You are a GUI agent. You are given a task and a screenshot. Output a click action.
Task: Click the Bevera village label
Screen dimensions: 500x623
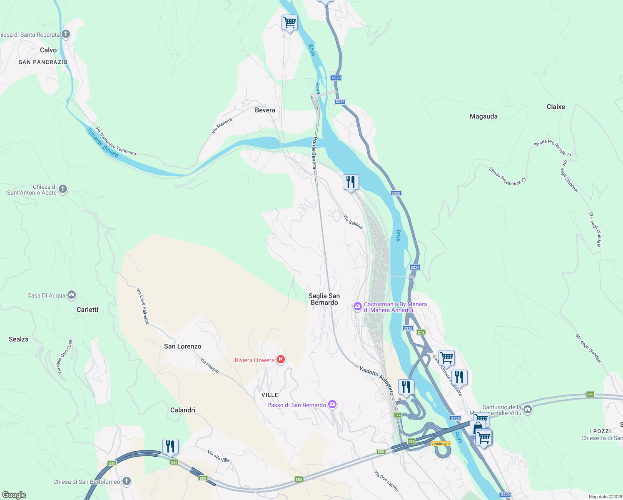pyautogui.click(x=265, y=110)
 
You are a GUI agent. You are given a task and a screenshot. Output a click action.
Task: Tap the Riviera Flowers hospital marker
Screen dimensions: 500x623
pyautogui.click(x=281, y=360)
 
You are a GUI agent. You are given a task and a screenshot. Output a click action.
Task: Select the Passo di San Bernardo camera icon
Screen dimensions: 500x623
pyautogui.click(x=332, y=404)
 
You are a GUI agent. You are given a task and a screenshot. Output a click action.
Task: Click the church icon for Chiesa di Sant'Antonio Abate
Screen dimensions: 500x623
pyautogui.click(x=63, y=189)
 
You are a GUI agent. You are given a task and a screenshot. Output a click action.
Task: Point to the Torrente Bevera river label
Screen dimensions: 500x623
pyautogui.click(x=102, y=143)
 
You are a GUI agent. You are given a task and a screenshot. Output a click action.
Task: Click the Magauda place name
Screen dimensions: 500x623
pyautogui.click(x=483, y=116)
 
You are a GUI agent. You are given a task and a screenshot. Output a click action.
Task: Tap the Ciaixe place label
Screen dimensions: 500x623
pyautogui.click(x=556, y=107)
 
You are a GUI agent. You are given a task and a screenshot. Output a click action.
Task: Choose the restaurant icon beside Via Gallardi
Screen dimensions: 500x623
pyautogui.click(x=351, y=182)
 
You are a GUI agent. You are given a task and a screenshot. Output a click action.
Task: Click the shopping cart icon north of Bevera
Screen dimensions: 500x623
pyautogui.click(x=289, y=22)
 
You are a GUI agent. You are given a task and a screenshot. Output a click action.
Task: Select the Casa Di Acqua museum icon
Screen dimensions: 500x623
pyautogui.click(x=72, y=295)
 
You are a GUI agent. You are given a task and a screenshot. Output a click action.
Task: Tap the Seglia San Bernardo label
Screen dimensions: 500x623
pyautogui.click(x=324, y=299)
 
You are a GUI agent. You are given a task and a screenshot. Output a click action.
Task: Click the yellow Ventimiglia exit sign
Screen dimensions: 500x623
pyautogui.click(x=441, y=444)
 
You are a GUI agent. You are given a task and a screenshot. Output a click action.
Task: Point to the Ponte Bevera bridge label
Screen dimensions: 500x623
pyautogui.click(x=314, y=152)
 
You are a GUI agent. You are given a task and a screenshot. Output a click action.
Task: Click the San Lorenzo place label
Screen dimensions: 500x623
pyautogui.click(x=182, y=346)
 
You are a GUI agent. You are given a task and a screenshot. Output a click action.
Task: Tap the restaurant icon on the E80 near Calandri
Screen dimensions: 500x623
pyautogui.click(x=170, y=447)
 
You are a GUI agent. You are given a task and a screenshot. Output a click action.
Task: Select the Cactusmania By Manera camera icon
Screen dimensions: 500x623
pyautogui.click(x=357, y=307)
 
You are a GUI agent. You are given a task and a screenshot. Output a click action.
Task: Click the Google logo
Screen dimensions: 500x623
pyautogui.click(x=14, y=495)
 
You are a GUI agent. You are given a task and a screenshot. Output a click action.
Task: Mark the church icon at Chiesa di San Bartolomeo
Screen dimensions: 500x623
pyautogui.click(x=127, y=481)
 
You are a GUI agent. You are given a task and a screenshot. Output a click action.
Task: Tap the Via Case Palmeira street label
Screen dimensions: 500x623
pyautogui.click(x=143, y=306)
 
